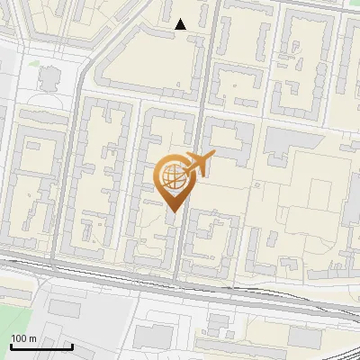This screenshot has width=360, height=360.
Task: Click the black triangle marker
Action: (181, 24)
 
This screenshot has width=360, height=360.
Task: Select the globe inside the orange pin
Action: (172, 175)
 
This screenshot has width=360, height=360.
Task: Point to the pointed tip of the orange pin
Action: (172, 211)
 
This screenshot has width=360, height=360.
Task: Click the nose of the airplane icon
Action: (213, 155)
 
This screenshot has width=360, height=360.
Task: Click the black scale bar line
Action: (40, 346)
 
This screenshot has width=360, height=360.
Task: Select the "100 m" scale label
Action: (22, 338)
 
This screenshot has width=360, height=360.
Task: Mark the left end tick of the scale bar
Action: (10, 344)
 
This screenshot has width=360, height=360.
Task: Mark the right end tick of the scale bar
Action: (72, 344)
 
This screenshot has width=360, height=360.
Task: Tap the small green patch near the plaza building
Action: (32, 64)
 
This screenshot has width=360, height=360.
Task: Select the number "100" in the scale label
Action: (18, 338)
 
